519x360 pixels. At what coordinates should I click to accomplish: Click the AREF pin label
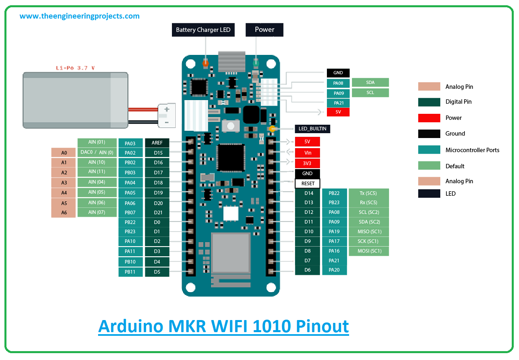pos(157,143)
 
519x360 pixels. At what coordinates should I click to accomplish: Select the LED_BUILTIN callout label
pos(312,129)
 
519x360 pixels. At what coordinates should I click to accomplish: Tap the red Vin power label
pos(307,153)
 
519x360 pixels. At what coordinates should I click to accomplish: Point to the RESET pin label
pos(308,184)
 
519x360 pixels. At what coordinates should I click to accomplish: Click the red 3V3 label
pos(307,163)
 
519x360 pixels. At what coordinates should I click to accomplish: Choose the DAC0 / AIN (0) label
pos(97,152)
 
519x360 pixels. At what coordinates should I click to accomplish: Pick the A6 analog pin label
pos(64,212)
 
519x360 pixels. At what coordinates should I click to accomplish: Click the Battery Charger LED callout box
pos(203,29)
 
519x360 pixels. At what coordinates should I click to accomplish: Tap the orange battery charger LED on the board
pos(205,63)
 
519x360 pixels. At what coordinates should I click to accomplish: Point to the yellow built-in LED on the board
pos(272,129)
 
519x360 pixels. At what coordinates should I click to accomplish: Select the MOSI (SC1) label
pos(369,251)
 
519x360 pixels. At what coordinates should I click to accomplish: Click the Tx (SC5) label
pos(369,193)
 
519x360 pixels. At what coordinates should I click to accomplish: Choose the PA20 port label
pos(334,270)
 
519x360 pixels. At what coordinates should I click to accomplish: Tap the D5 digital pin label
pos(157,272)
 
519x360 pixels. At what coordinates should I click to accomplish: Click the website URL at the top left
pos(80,16)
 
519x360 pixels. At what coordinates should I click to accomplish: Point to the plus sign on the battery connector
pos(167,109)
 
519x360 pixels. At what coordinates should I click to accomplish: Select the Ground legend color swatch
pos(429,134)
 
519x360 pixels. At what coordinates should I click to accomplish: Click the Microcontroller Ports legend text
pos(472,150)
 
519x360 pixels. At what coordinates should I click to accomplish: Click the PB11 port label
pos(130,272)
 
